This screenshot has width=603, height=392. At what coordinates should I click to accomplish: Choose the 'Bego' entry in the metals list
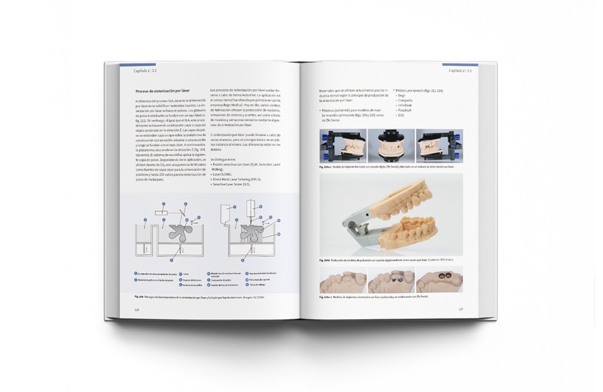(x=402, y=95)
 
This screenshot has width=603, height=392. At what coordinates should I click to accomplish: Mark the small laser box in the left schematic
(x=162, y=213)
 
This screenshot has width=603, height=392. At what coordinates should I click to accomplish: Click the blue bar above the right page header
(x=460, y=64)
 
